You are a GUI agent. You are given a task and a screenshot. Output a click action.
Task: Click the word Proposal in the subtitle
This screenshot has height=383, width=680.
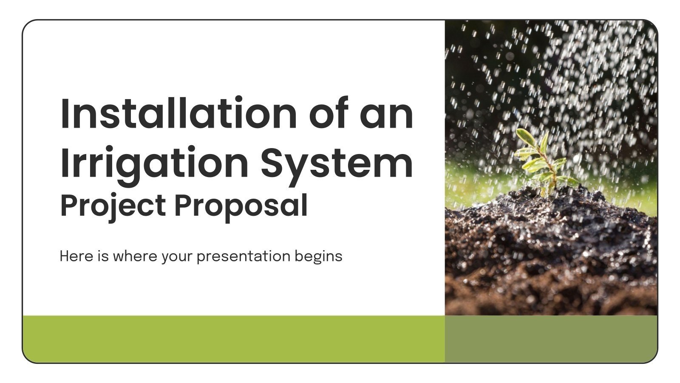(241, 206)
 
